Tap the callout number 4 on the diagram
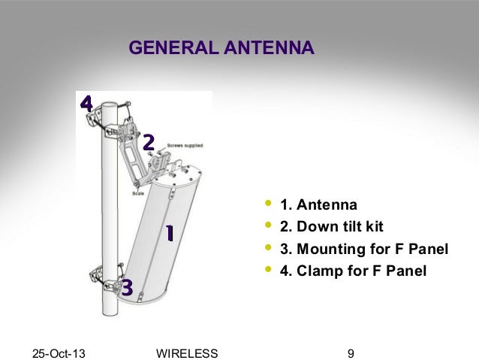point(86,104)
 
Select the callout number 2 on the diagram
point(149,142)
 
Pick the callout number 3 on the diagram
point(127,287)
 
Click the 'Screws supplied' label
point(184,144)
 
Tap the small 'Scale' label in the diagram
point(138,193)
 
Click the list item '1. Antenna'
point(318,205)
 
